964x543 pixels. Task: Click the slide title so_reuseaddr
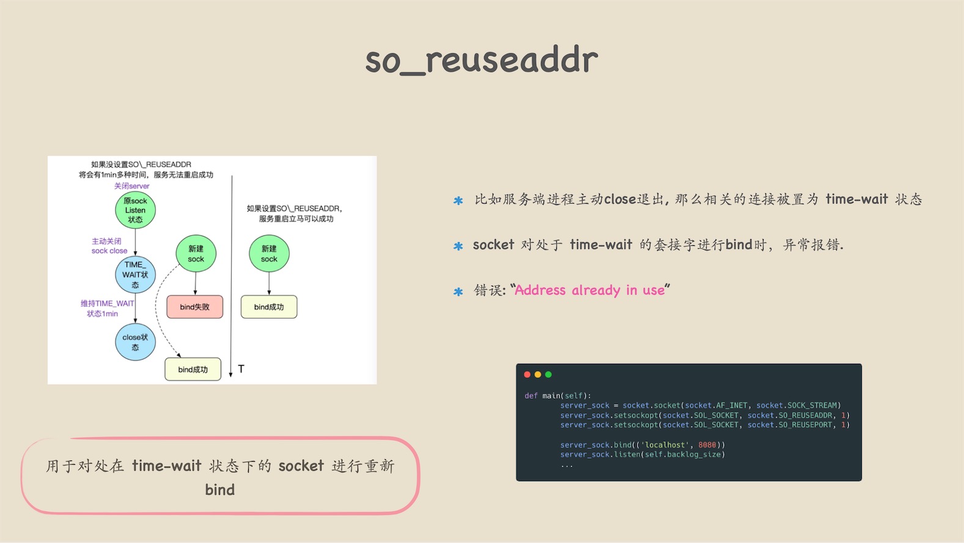coord(482,60)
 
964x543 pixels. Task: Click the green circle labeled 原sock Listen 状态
coord(135,210)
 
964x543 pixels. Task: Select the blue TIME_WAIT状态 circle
coord(135,275)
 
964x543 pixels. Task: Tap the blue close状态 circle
coord(135,342)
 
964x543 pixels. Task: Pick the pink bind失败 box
coord(195,306)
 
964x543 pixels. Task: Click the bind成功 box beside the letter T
coord(193,369)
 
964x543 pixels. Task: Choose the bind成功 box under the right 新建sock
coord(269,306)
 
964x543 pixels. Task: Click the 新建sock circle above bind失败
coord(196,254)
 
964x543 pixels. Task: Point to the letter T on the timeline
coord(241,369)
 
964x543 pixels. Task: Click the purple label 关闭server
coord(131,186)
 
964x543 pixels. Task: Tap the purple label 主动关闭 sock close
coord(109,246)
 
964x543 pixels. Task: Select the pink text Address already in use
coord(590,290)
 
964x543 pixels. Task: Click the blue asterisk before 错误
coord(458,292)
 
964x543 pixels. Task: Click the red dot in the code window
coord(527,375)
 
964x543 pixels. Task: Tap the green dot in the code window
coord(549,375)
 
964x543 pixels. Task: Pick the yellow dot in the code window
coord(538,375)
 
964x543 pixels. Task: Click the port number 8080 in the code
coord(707,445)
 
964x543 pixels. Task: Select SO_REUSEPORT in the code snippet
coord(805,425)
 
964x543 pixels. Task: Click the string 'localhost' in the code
coord(665,445)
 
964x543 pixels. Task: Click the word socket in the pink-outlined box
coord(301,466)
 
